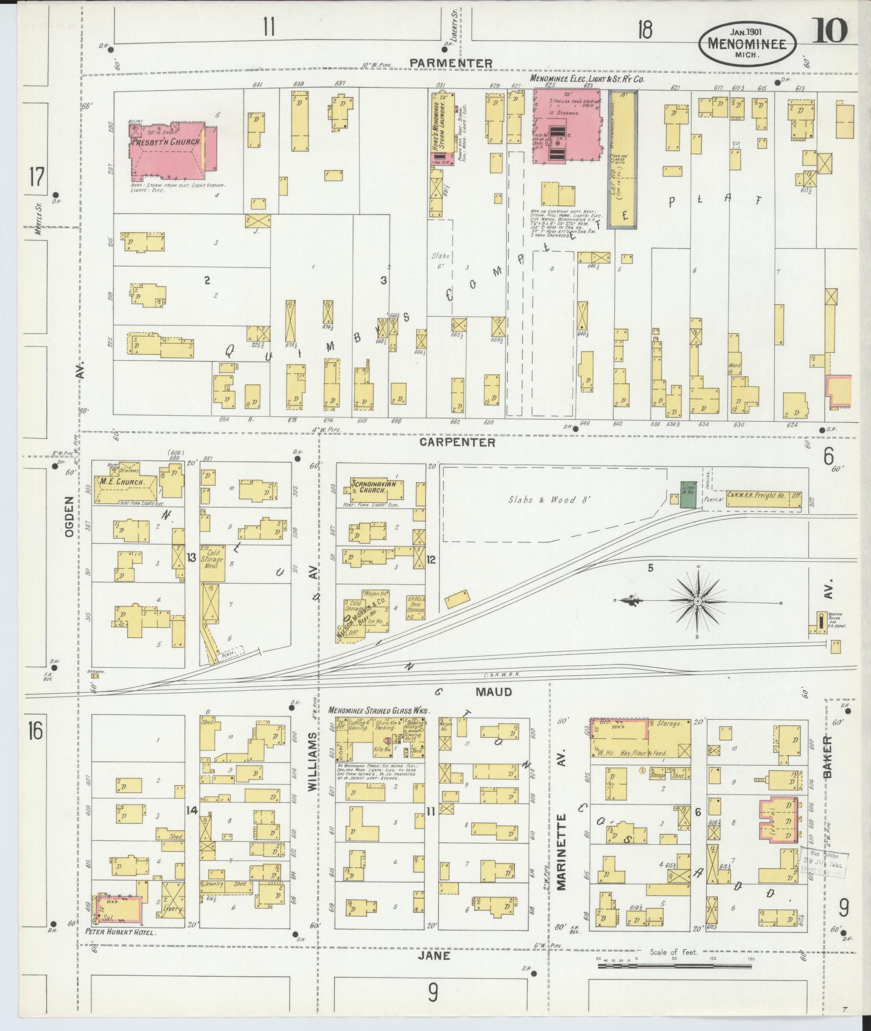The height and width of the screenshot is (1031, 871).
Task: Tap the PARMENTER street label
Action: tap(450, 64)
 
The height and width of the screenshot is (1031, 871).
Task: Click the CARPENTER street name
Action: tap(457, 442)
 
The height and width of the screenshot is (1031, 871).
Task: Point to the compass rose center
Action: tap(698, 602)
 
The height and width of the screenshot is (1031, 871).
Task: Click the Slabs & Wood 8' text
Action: tap(543, 500)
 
